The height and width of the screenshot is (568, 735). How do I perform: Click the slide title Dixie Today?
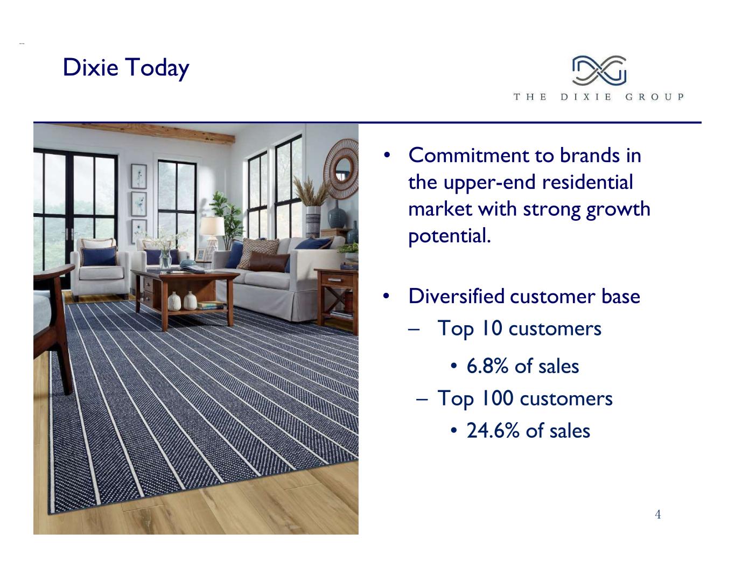click(126, 68)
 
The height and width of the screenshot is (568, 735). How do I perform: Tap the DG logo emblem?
click(599, 70)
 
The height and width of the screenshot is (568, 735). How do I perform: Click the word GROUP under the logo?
click(654, 97)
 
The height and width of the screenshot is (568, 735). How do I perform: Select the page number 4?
click(658, 514)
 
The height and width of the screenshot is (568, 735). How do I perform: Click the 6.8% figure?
click(487, 366)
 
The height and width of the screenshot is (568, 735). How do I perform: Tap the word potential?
click(450, 236)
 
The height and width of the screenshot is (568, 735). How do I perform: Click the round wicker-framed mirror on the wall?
click(341, 169)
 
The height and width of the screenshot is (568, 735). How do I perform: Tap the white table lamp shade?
click(212, 226)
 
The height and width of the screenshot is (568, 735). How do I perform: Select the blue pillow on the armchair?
click(99, 256)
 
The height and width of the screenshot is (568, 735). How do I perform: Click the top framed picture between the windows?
click(139, 176)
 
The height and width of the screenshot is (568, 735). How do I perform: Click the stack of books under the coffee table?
click(211, 305)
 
